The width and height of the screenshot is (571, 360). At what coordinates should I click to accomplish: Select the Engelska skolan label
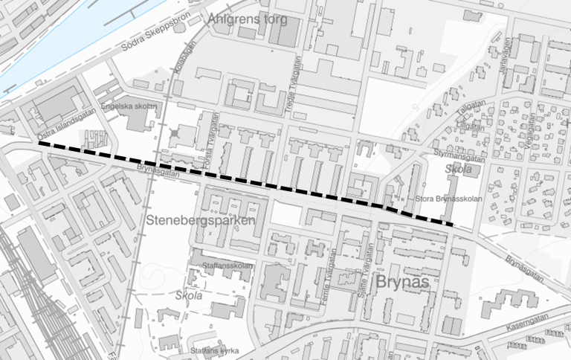click(131, 106)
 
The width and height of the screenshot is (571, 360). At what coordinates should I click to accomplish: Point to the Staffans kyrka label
click(214, 350)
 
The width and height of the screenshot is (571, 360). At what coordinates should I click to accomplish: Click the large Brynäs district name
click(404, 283)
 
